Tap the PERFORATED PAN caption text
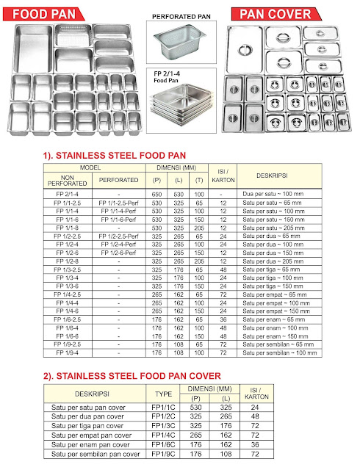pyautogui.click(x=181, y=15)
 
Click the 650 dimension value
pyautogui.click(x=156, y=193)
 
